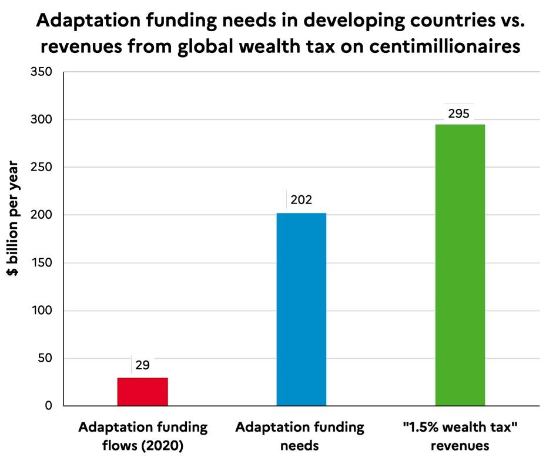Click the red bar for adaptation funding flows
[142, 391]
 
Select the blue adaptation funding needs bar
[301, 309]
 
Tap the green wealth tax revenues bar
[460, 265]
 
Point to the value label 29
[142, 365]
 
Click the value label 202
[301, 201]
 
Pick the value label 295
[458, 114]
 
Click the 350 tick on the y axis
[41, 72]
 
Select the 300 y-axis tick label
[41, 120]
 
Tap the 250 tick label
[41, 168]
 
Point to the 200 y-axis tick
[41, 215]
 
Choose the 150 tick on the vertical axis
[41, 263]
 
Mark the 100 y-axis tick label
[41, 311]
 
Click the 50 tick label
[43, 358]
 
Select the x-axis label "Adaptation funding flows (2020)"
[142, 436]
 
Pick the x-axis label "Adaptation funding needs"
[300, 436]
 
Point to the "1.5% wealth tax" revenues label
[460, 436]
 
